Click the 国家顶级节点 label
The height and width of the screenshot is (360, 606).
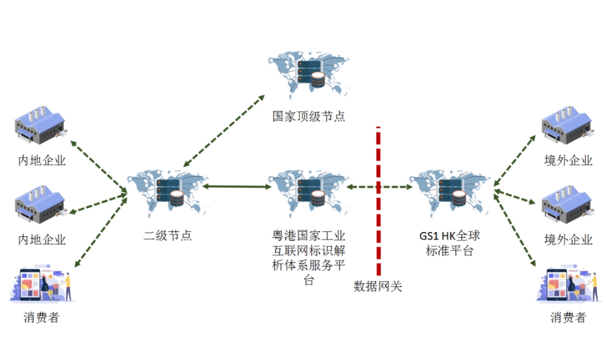(x=308, y=117)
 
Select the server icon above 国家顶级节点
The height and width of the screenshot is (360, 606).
(x=309, y=74)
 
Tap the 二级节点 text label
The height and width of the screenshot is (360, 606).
(x=167, y=236)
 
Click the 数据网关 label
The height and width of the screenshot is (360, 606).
(x=378, y=286)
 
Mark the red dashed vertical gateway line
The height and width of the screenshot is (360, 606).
(x=378, y=209)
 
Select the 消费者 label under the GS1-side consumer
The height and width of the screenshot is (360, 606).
(x=568, y=318)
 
